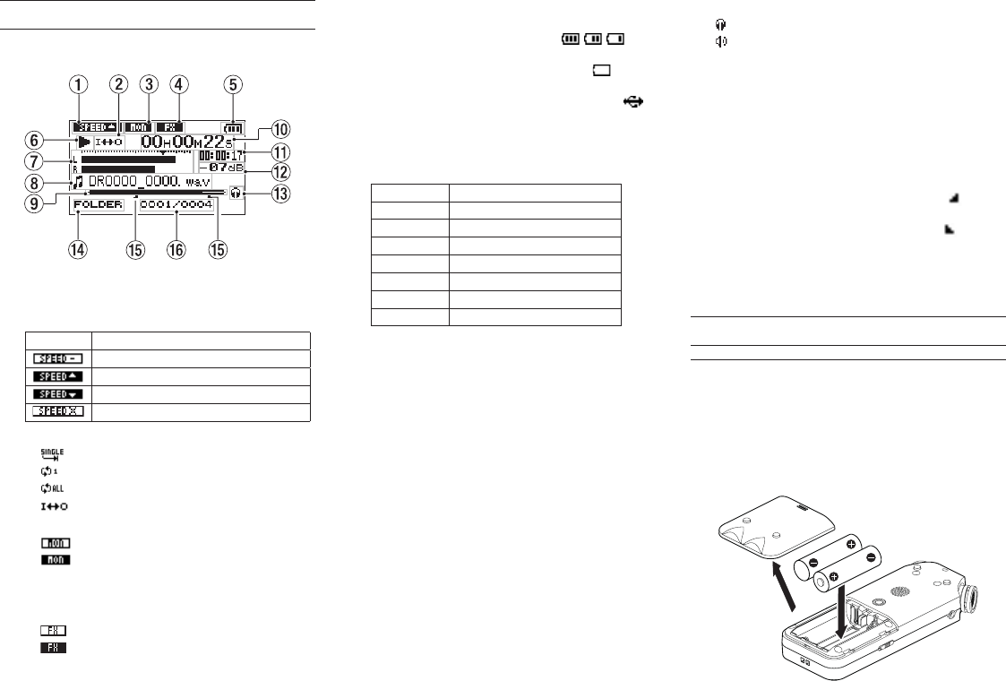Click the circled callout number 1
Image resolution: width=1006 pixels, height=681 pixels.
pyautogui.click(x=82, y=85)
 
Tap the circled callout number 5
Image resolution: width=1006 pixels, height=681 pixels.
pyautogui.click(x=234, y=85)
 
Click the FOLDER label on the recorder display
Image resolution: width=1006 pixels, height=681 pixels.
pyautogui.click(x=97, y=204)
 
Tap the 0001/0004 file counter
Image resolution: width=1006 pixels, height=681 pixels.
pyautogui.click(x=176, y=204)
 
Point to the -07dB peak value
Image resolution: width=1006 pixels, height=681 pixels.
pyautogui.click(x=221, y=167)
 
